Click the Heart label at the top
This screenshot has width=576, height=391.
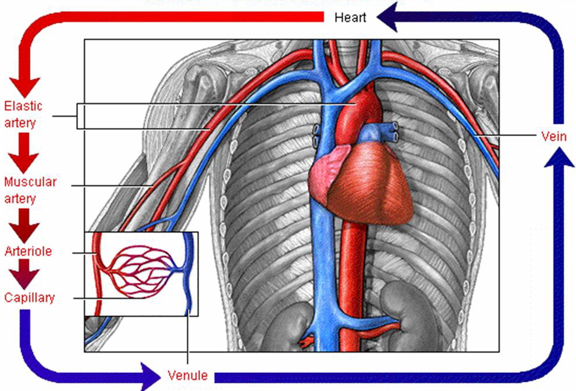point(350,17)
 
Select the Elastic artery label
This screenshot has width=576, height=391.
point(23,115)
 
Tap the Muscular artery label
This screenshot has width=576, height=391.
point(30,190)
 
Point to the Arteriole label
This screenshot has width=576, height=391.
point(29,251)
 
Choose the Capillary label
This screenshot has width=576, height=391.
point(30,297)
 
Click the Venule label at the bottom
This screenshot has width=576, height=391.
point(187,375)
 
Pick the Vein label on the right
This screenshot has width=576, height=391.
point(553,137)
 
